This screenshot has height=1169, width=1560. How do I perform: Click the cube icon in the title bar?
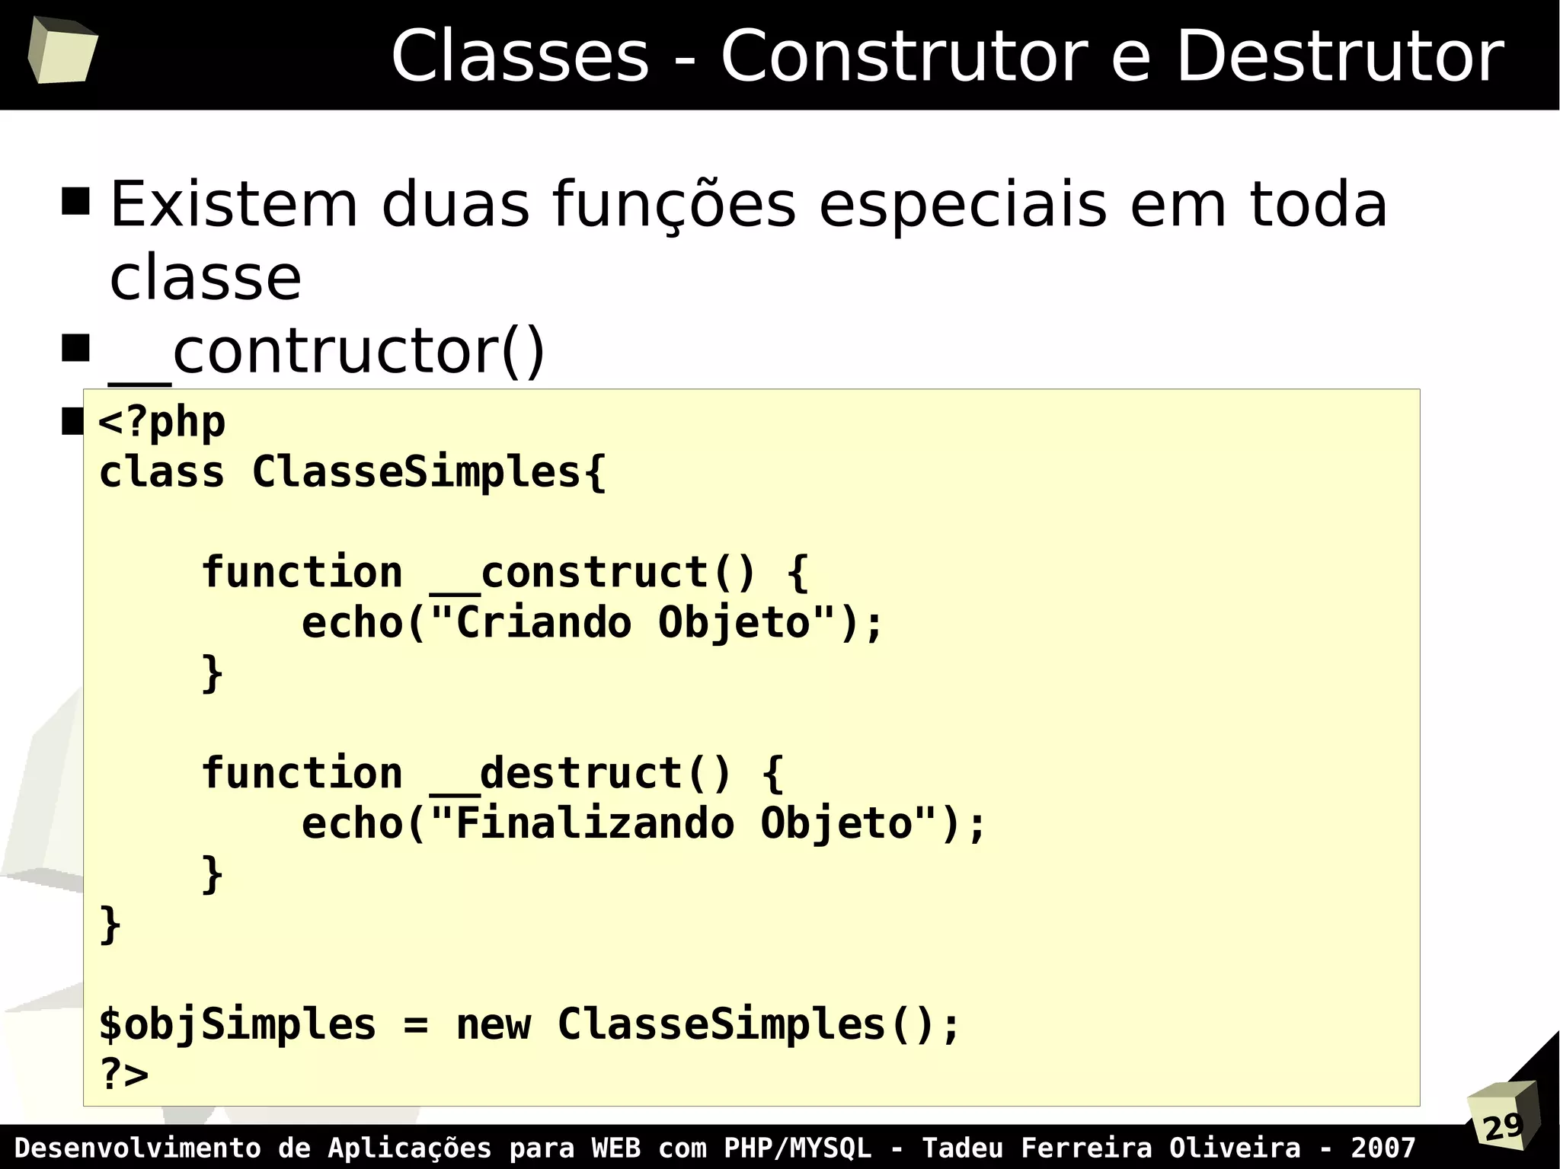[62, 50]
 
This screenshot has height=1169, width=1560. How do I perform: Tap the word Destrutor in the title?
[1340, 57]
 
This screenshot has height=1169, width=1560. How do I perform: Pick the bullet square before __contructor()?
[75, 348]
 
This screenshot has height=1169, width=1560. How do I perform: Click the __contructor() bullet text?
[328, 352]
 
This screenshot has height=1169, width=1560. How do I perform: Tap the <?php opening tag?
[162, 422]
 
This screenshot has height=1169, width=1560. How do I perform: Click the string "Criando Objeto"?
[633, 623]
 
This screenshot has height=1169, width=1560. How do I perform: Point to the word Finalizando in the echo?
[595, 824]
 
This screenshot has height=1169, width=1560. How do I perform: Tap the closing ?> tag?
[124, 1075]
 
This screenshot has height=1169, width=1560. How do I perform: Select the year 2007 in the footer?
[1383, 1148]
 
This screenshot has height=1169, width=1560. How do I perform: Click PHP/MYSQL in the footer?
[797, 1148]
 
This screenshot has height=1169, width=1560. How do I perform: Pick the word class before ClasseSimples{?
[161, 472]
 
